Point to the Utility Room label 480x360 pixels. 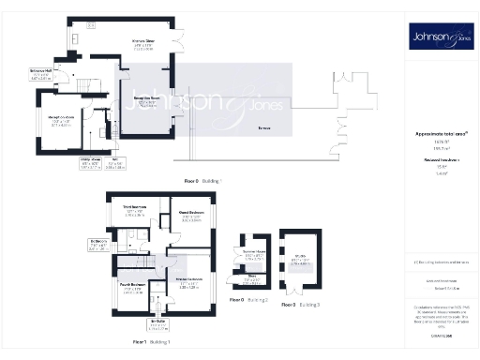(90, 161)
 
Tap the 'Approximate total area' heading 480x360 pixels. (439, 133)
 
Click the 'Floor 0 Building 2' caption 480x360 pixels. (248, 300)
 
